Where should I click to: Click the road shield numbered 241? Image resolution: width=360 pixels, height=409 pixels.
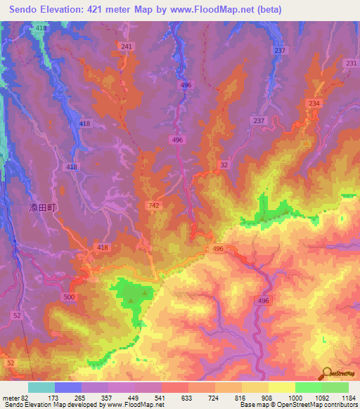(127, 46)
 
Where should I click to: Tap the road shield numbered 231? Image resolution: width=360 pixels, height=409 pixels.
(352, 63)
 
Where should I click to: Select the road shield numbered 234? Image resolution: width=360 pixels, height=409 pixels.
(314, 104)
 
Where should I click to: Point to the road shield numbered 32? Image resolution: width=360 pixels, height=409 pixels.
(224, 164)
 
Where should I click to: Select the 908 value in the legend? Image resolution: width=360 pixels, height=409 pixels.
(268, 397)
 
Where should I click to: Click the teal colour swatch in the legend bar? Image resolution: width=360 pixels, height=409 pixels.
(41, 387)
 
